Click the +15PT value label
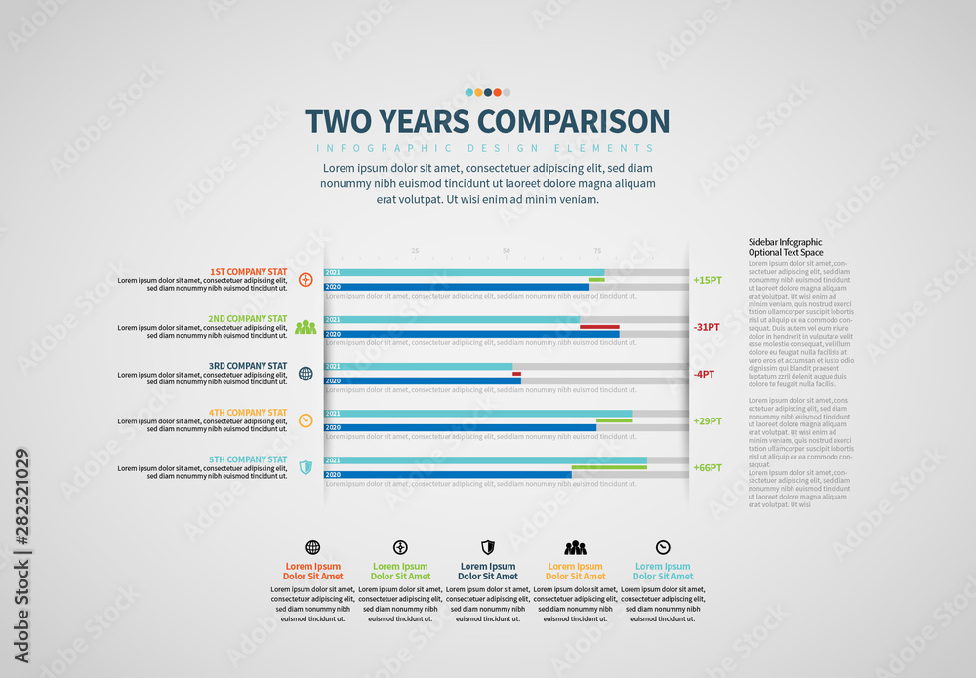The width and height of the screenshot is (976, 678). (708, 280)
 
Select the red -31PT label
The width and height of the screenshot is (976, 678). (706, 327)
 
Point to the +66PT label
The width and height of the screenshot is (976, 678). (708, 467)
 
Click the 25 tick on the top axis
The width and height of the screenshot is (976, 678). (415, 251)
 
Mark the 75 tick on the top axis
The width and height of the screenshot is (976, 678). (598, 251)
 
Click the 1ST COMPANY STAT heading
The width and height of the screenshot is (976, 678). (248, 271)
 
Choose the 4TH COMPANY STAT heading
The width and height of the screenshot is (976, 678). (248, 412)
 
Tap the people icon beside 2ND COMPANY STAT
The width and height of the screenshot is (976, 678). (305, 327)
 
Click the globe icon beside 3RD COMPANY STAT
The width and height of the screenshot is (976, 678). (305, 374)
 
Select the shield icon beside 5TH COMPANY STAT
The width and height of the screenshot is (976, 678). (305, 467)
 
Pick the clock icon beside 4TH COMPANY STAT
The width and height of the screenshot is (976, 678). (305, 420)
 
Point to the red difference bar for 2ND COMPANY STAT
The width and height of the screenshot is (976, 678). (599, 327)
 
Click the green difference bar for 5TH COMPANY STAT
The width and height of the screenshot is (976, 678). (609, 467)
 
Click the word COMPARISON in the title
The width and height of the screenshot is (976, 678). (572, 121)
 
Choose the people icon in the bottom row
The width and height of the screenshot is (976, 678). (575, 548)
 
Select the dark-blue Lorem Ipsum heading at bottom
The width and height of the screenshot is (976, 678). (488, 571)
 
